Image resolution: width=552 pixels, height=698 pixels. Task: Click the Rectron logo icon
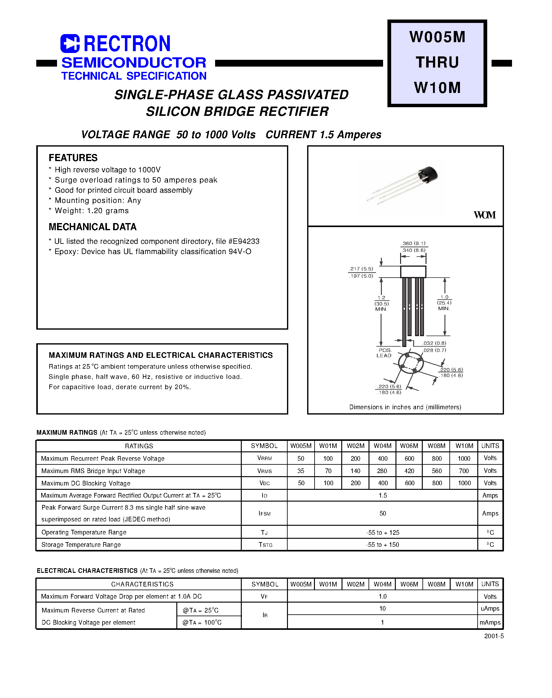(70, 43)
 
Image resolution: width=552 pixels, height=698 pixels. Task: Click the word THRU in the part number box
(437, 62)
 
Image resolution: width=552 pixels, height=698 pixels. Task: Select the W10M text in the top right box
(437, 88)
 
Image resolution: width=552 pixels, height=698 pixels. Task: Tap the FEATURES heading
(73, 158)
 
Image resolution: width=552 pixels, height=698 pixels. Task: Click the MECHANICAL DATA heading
(92, 227)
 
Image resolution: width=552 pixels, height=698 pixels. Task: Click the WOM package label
(484, 215)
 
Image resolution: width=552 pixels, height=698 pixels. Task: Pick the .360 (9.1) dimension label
(414, 243)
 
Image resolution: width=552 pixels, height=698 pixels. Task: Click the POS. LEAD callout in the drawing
(384, 353)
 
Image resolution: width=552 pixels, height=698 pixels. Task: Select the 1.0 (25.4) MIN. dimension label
(444, 303)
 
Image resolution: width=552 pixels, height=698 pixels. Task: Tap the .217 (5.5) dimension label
(361, 269)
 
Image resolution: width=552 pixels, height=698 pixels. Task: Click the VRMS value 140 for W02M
(355, 471)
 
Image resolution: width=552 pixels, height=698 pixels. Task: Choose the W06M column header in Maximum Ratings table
(409, 446)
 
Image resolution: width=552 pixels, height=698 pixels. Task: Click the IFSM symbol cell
(264, 513)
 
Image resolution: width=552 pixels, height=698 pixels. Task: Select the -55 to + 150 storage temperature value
(382, 545)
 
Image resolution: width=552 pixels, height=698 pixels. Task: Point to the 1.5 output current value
(382, 495)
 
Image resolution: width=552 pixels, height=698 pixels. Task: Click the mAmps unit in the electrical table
(490, 622)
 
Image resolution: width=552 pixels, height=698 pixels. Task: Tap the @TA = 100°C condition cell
(202, 622)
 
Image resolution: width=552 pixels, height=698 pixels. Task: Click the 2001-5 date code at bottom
(494, 636)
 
